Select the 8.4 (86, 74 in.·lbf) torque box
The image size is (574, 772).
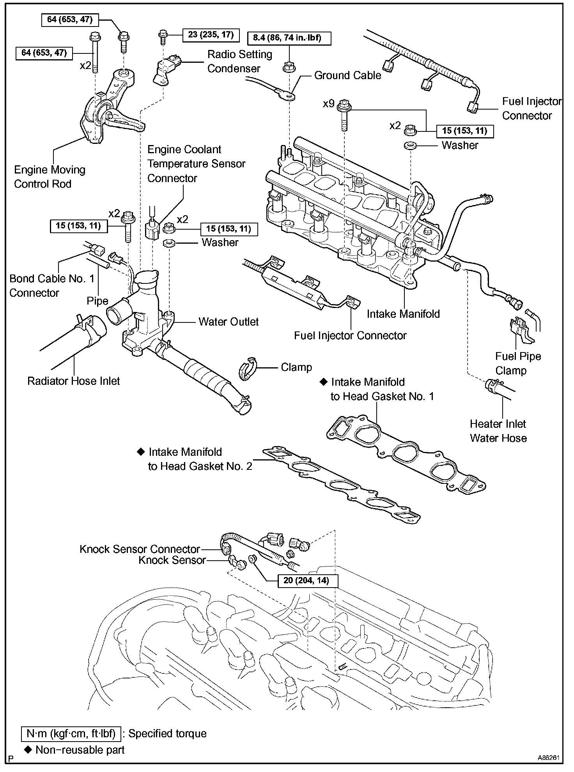289,38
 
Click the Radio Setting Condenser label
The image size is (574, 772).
239,61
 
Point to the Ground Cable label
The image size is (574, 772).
347,75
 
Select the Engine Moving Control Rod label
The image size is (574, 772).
50,177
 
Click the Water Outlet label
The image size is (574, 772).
229,322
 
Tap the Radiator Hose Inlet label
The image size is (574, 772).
73,381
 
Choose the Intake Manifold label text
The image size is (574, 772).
403,314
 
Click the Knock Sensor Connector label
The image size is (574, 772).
140,549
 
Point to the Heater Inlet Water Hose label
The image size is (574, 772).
498,431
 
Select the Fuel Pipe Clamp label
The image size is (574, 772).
518,363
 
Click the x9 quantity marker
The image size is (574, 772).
329,104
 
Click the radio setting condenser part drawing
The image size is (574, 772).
168,69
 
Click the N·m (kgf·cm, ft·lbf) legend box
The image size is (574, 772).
71,733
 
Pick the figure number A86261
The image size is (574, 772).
549,758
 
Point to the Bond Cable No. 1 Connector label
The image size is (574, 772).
52,286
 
